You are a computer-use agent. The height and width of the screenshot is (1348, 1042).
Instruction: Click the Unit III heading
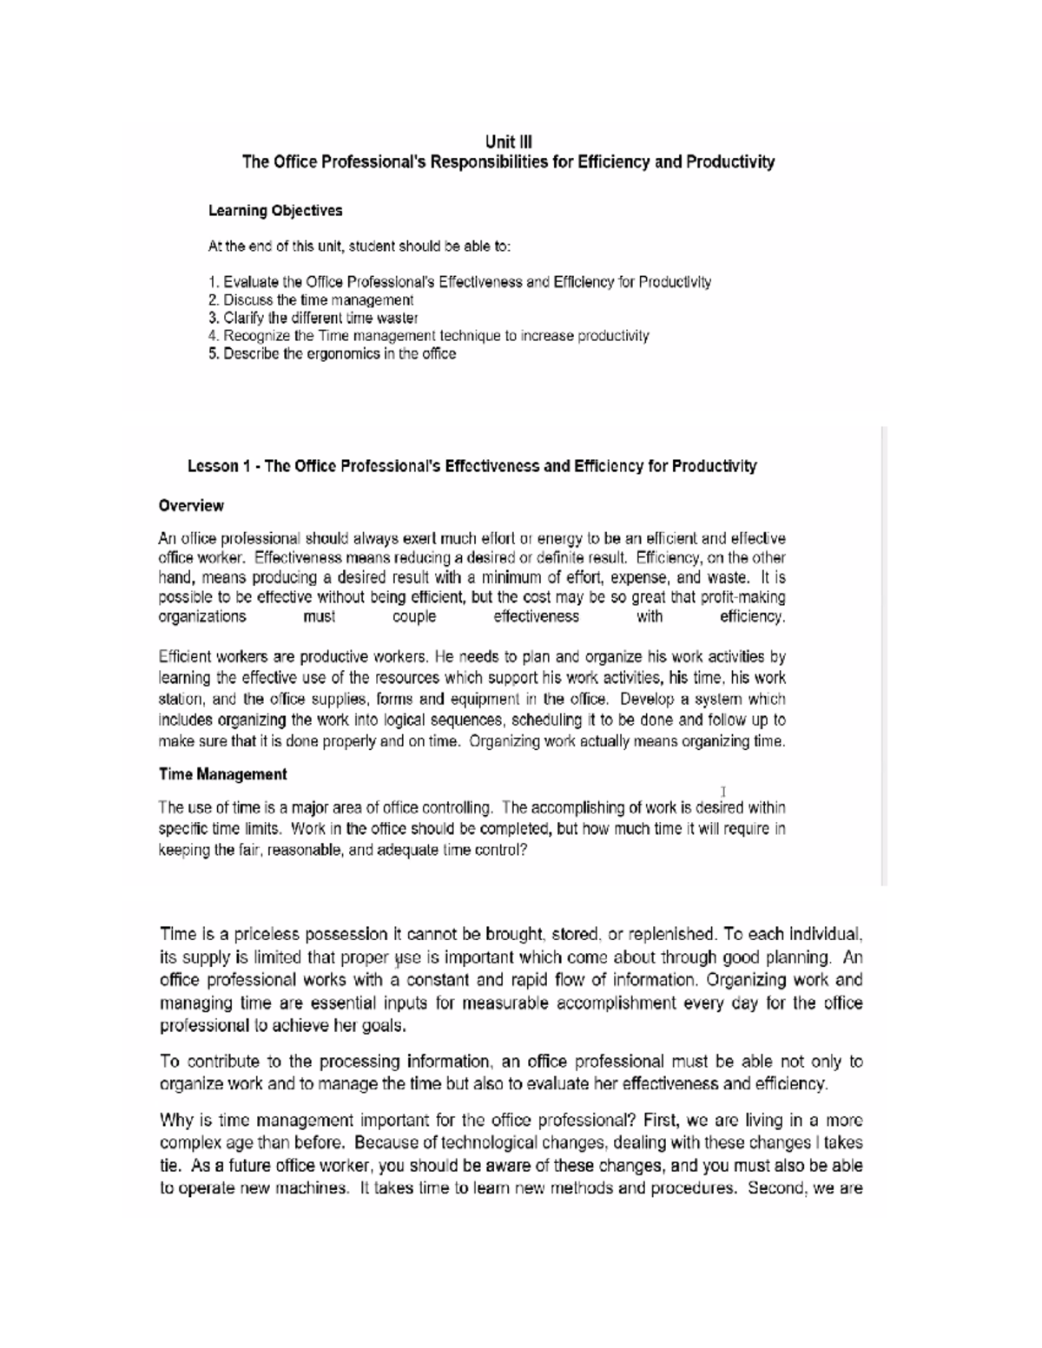click(508, 141)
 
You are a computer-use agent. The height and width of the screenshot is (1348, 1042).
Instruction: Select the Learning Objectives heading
click(275, 211)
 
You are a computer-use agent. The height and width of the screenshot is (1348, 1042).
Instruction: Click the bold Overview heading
click(191, 506)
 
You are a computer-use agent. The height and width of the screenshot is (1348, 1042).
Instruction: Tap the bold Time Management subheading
click(222, 774)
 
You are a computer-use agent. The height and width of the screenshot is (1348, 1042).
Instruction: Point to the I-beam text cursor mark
click(723, 792)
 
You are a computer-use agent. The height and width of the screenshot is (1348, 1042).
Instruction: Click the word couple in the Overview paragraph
click(414, 617)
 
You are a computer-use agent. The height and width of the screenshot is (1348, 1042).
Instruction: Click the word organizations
click(202, 617)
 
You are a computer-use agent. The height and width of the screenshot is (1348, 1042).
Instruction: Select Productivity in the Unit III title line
click(729, 162)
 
